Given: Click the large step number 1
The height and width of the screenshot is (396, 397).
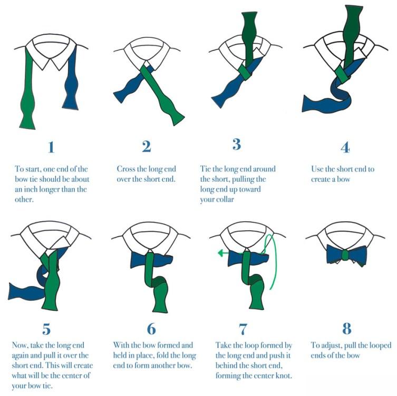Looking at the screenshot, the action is (51, 147).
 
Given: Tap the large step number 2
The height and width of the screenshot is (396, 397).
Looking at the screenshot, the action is (147, 146).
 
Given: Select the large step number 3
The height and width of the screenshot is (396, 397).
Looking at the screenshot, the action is (237, 144).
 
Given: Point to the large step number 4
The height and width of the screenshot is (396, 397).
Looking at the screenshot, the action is (345, 147).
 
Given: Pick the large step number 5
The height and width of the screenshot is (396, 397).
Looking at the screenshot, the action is (46, 329).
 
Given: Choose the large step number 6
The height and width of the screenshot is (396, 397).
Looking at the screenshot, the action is (151, 329).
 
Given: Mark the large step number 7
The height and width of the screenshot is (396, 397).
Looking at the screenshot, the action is (243, 329).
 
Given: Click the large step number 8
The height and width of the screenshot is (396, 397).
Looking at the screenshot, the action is (347, 329).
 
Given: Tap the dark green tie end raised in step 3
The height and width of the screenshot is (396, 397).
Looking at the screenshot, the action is (249, 38).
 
